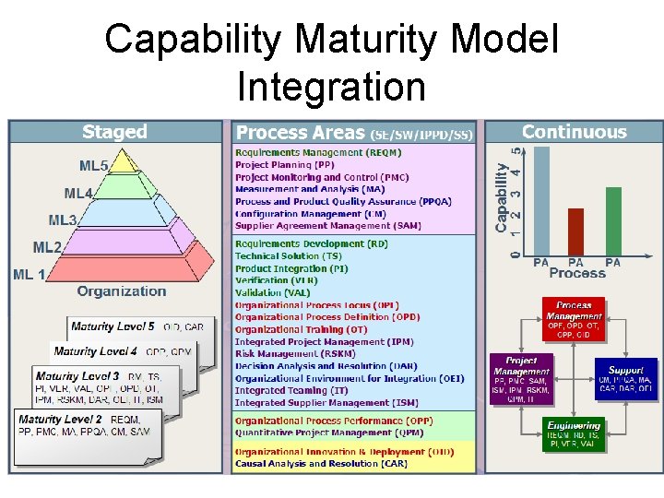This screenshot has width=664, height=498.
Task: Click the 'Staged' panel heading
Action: tap(114, 132)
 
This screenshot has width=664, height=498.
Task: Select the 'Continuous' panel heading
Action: tap(574, 132)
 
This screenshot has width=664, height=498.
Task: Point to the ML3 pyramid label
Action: tap(63, 220)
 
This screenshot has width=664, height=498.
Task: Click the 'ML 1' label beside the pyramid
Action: tap(30, 275)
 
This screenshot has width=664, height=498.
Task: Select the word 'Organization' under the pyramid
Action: tap(122, 291)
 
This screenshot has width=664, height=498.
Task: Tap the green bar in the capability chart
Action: tap(613, 221)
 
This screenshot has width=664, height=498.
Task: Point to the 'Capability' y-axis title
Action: tap(502, 198)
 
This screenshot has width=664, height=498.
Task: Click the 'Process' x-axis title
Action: tap(577, 274)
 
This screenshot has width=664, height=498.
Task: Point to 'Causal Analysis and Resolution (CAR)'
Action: tap(320, 464)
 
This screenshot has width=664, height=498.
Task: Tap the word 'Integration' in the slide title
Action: tap(331, 88)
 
